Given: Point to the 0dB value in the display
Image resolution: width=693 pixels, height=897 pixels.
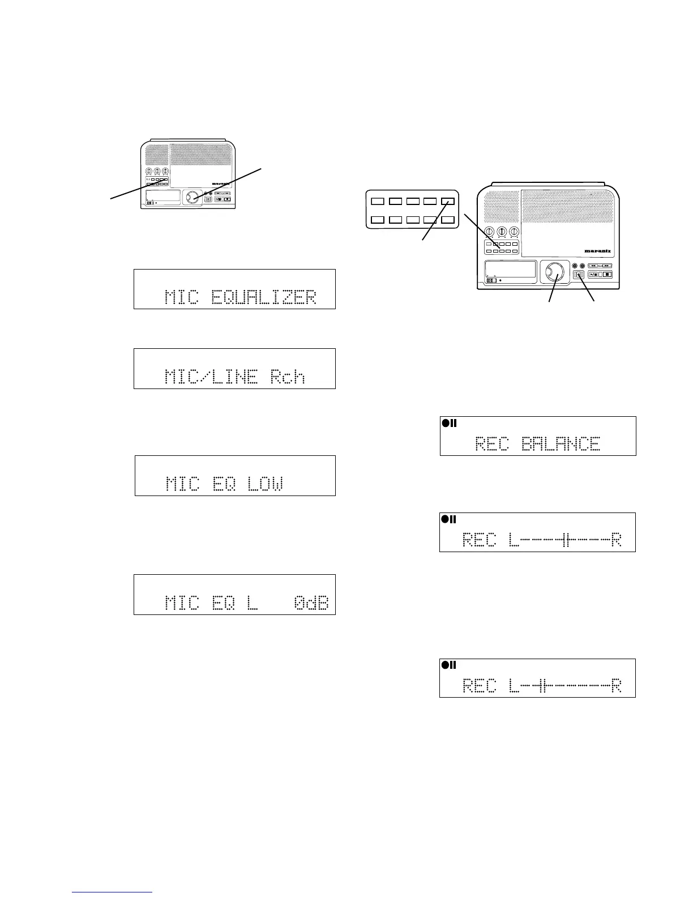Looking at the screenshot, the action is (x=311, y=603).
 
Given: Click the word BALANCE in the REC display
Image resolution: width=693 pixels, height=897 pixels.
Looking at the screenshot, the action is (x=561, y=443).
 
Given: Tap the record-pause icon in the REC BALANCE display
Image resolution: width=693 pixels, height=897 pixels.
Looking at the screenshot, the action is (x=449, y=423).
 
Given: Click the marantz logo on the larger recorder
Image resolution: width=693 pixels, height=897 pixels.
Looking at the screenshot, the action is (x=600, y=250).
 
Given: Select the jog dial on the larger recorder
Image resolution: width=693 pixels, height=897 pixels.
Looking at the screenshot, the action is (x=553, y=272).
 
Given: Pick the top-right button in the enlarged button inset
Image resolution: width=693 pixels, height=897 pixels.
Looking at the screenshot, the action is (x=448, y=201).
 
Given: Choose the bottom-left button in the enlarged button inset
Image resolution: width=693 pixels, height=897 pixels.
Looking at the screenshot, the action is (x=377, y=219).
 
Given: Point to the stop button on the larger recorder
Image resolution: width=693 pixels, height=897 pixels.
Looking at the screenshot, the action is (x=608, y=275).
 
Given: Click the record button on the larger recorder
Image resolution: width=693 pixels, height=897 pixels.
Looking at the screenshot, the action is (x=579, y=275).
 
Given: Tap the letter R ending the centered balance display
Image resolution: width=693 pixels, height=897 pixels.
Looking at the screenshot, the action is (x=617, y=540).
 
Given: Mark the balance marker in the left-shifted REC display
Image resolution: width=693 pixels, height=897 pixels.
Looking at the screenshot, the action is (x=541, y=686).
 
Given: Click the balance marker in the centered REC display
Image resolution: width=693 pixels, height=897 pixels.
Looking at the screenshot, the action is (x=566, y=540).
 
